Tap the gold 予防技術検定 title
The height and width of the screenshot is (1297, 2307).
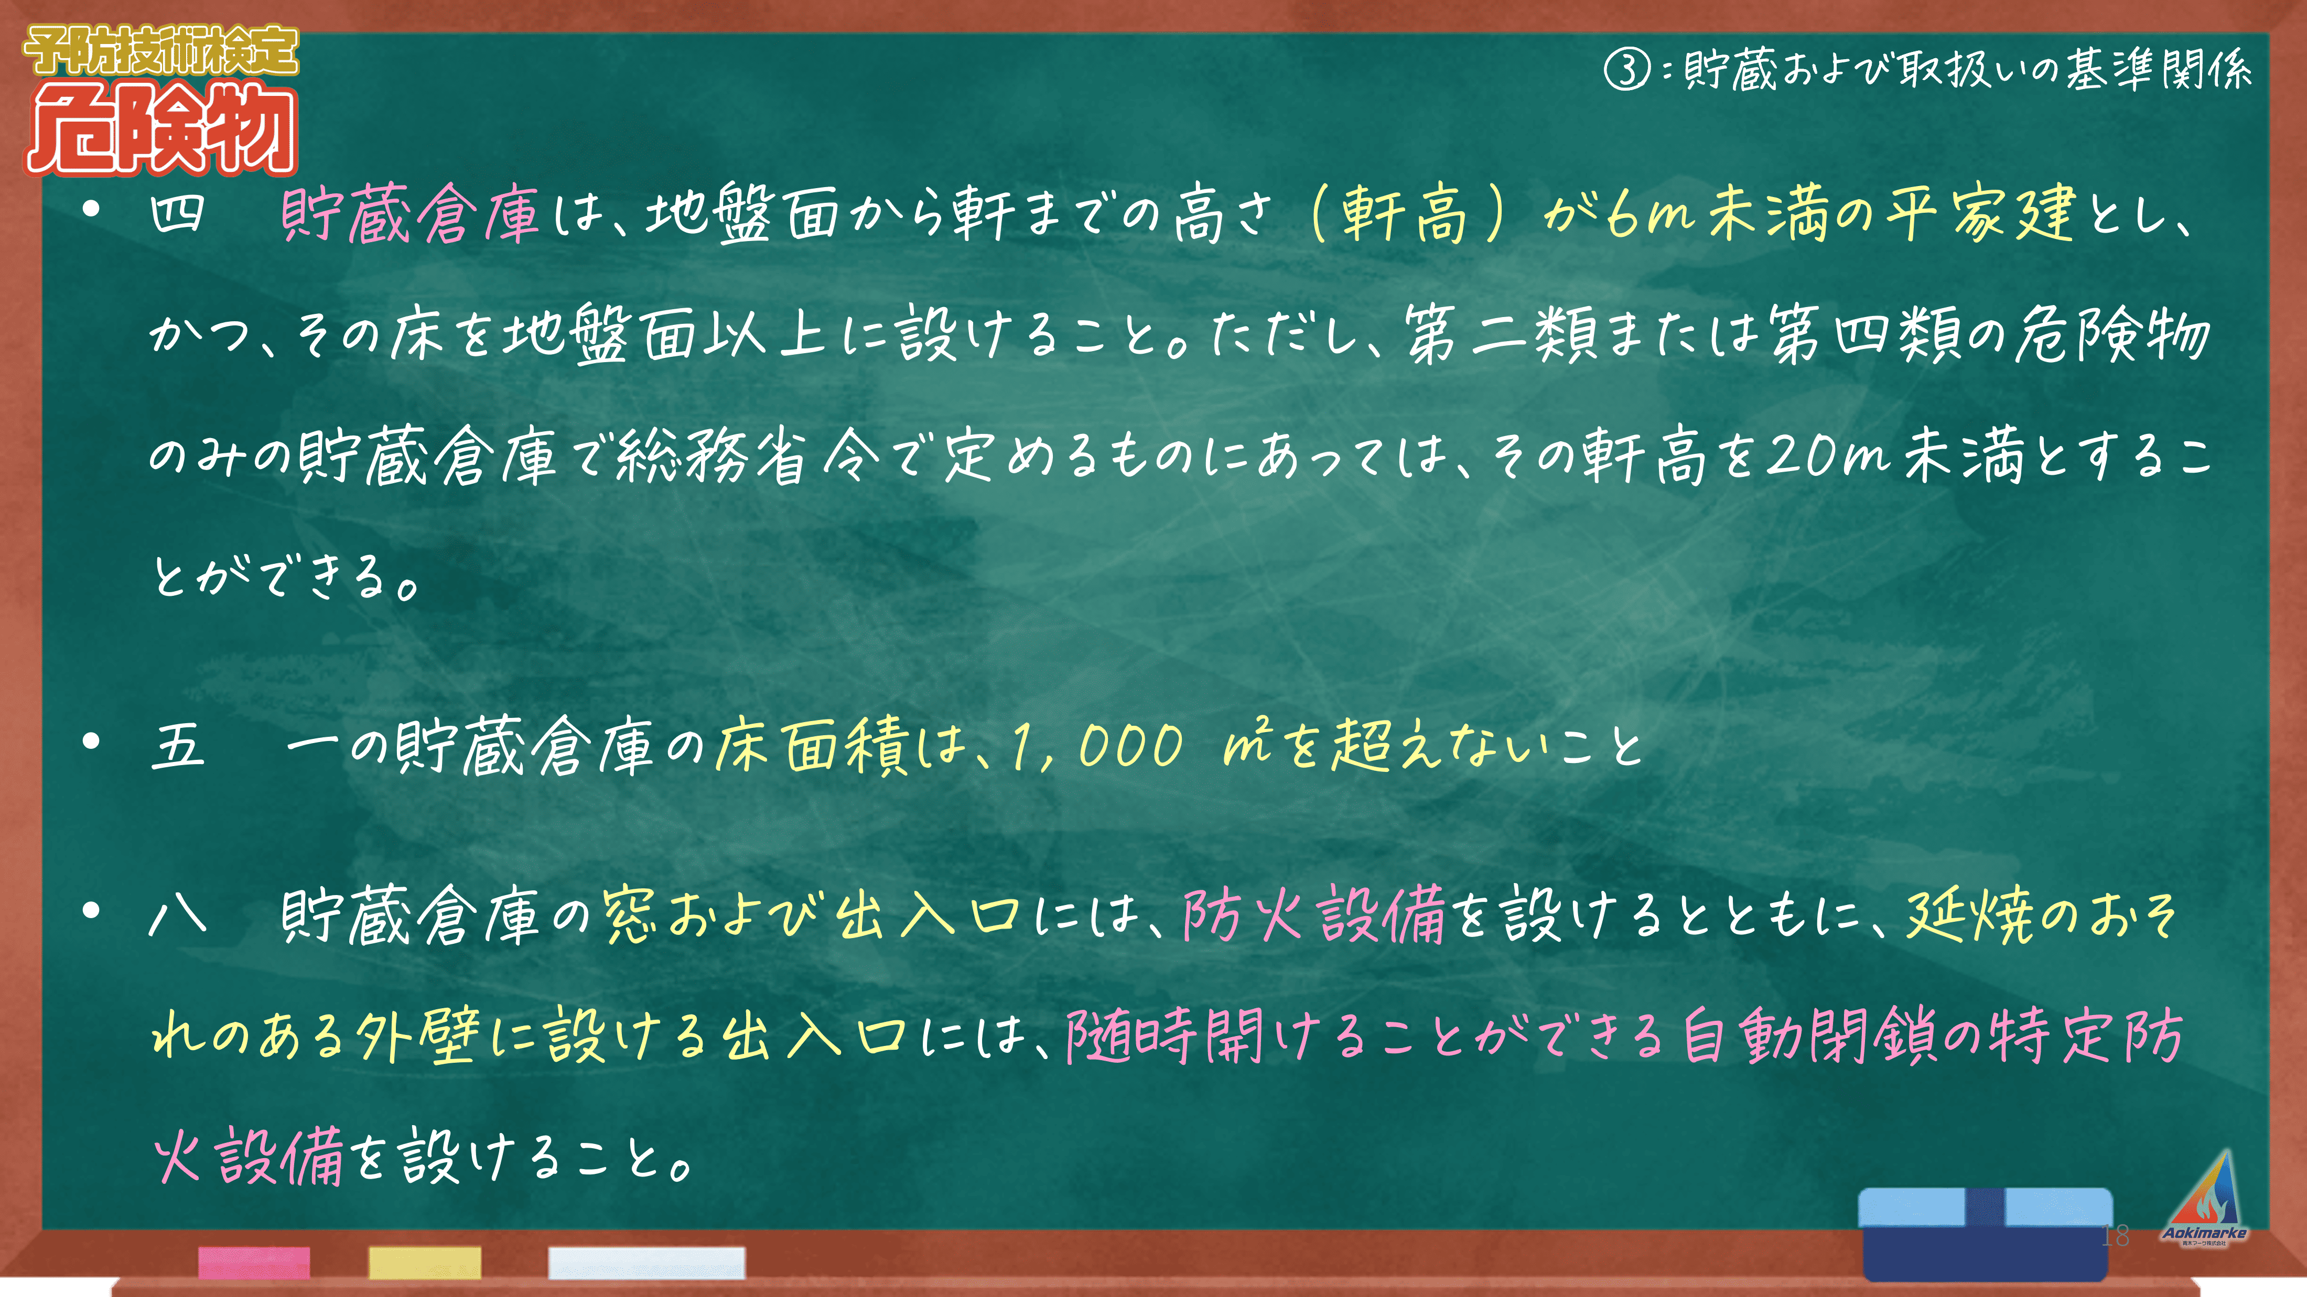[161, 50]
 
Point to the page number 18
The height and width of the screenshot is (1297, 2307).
[2115, 1236]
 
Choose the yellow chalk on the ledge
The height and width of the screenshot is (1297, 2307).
[425, 1262]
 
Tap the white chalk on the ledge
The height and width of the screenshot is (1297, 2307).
[646, 1262]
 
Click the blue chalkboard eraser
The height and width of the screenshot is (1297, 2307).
[1986, 1234]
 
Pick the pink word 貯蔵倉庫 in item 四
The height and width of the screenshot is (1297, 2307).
[410, 215]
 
